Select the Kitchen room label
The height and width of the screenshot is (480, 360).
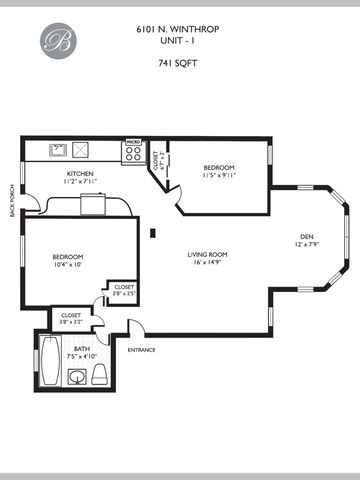80,173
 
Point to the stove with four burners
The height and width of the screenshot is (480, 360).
133,153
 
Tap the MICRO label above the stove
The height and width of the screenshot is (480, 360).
132,141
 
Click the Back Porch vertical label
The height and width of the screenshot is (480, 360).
12,201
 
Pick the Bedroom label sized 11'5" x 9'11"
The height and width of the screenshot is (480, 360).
220,167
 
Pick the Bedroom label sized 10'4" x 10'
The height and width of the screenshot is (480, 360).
68,257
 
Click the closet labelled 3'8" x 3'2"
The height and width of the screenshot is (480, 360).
71,317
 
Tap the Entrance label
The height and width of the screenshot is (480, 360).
140,349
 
